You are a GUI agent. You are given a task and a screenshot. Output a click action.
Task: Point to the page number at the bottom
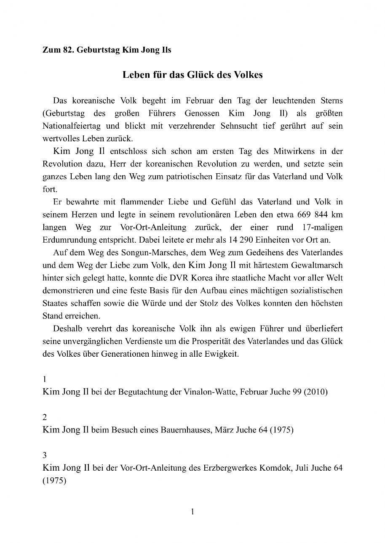tap(192, 512)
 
